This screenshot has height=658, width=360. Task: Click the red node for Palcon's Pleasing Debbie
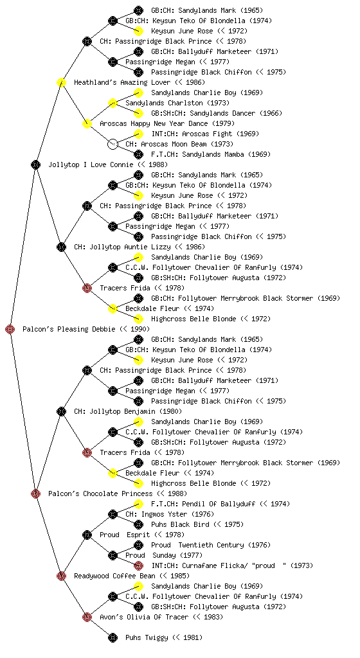point(10,329)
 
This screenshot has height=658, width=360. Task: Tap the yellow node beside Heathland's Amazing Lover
point(61,82)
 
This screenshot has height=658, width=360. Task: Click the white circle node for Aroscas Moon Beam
point(113,144)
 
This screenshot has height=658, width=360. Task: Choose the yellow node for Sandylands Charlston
point(113,103)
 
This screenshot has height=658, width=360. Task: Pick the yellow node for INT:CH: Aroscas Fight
point(138,134)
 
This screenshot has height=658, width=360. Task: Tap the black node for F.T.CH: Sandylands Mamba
point(138,154)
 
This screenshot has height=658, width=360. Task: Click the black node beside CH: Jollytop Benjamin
point(61,411)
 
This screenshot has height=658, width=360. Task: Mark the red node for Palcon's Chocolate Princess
point(35,493)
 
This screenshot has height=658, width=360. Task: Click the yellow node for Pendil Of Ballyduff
point(138,504)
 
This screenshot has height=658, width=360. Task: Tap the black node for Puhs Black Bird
point(138,524)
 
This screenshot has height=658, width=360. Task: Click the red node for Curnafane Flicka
point(138,565)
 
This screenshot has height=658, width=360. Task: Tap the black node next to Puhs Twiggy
point(113,637)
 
